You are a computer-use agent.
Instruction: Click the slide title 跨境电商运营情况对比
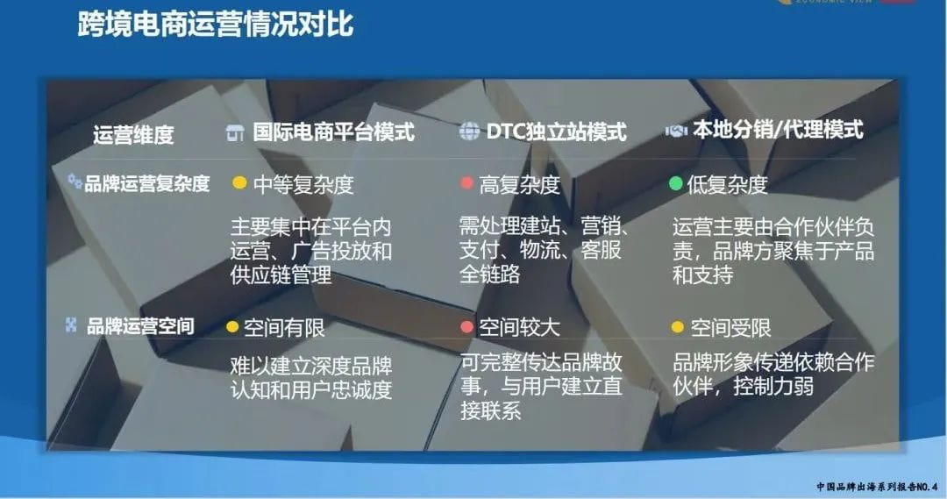[x=216, y=25]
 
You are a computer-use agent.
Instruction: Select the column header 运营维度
[x=133, y=135]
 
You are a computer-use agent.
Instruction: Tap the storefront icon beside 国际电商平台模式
[x=235, y=132]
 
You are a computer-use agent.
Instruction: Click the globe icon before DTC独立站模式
[x=470, y=132]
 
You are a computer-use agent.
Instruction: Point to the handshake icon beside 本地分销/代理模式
[x=676, y=131]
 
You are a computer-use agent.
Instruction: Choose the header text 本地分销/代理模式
[x=778, y=131]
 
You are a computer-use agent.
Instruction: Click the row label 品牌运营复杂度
[x=147, y=184]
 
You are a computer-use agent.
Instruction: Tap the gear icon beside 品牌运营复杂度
[x=75, y=182]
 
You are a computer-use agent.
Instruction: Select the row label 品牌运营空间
[x=140, y=327]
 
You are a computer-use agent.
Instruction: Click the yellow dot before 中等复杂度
[x=239, y=184]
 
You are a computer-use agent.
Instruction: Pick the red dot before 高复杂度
[x=467, y=184]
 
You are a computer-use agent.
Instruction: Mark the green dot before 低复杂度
[x=675, y=184]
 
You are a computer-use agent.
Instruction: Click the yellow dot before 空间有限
[x=232, y=328]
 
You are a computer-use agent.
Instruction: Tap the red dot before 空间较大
[x=467, y=328]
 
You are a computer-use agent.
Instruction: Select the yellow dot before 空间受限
[x=677, y=328]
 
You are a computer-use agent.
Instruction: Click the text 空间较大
[x=519, y=328]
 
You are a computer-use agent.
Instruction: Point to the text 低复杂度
[x=727, y=184]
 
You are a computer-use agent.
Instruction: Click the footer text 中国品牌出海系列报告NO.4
[x=876, y=486]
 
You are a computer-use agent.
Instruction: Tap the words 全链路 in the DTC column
[x=490, y=274]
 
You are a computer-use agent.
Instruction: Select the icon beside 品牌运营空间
[x=72, y=325]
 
